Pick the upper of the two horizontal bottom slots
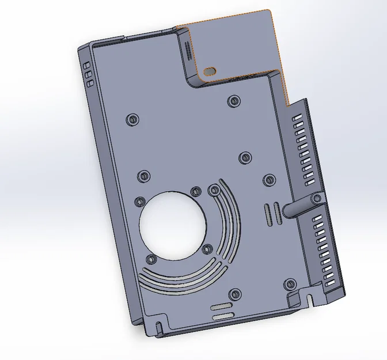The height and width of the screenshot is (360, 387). pyautogui.click(x=222, y=306)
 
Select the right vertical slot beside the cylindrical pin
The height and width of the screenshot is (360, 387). pyautogui.click(x=276, y=213)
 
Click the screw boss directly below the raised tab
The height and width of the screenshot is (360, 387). pyautogui.click(x=233, y=101)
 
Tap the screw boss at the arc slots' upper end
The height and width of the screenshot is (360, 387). pyautogui.click(x=214, y=189)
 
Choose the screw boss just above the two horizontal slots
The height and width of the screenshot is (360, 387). pyautogui.click(x=234, y=294)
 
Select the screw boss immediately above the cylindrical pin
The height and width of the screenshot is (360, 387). pyautogui.click(x=268, y=180)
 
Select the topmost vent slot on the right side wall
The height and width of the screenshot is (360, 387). pyautogui.click(x=298, y=116)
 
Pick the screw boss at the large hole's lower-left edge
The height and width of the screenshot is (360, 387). pyautogui.click(x=151, y=259)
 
